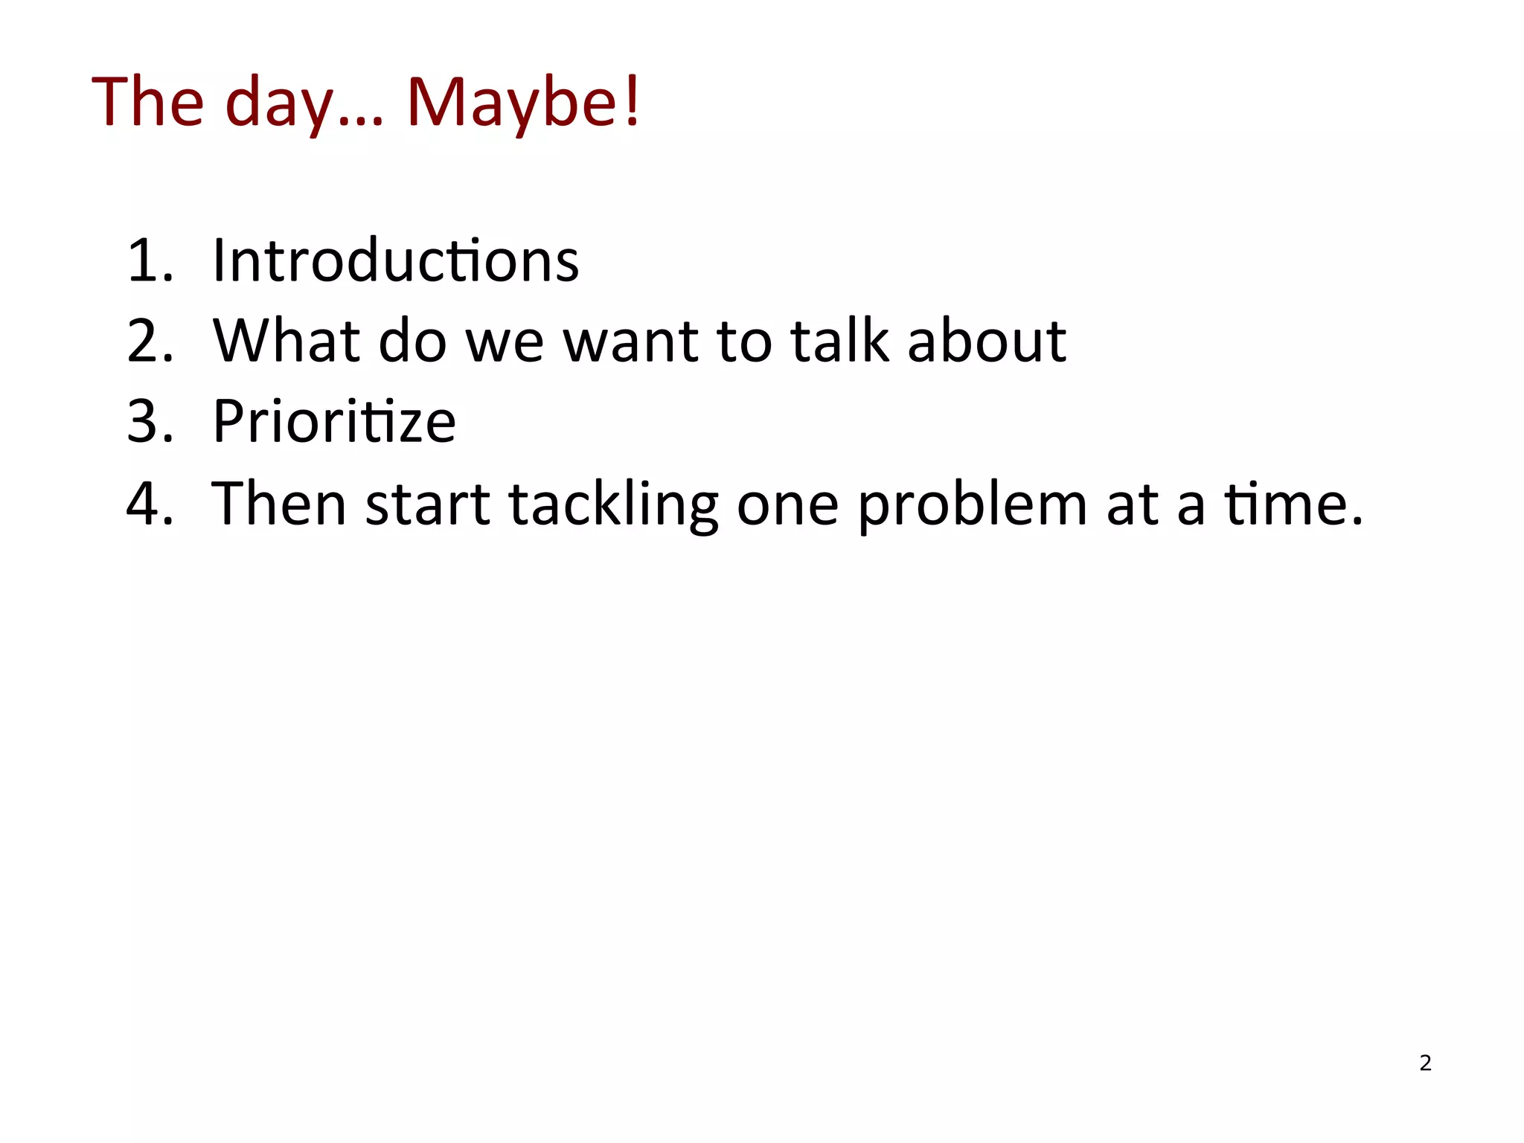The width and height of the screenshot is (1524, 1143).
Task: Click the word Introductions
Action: (x=395, y=260)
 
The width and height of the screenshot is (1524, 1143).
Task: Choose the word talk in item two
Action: (x=839, y=341)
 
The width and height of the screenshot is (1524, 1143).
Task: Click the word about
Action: (x=987, y=341)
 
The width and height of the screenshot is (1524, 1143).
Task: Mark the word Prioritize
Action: (x=334, y=421)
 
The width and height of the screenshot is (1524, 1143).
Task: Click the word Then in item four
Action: (x=280, y=504)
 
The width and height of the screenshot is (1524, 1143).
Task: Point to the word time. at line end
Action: (x=1294, y=504)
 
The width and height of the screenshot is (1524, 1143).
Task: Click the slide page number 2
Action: (x=1425, y=1063)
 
